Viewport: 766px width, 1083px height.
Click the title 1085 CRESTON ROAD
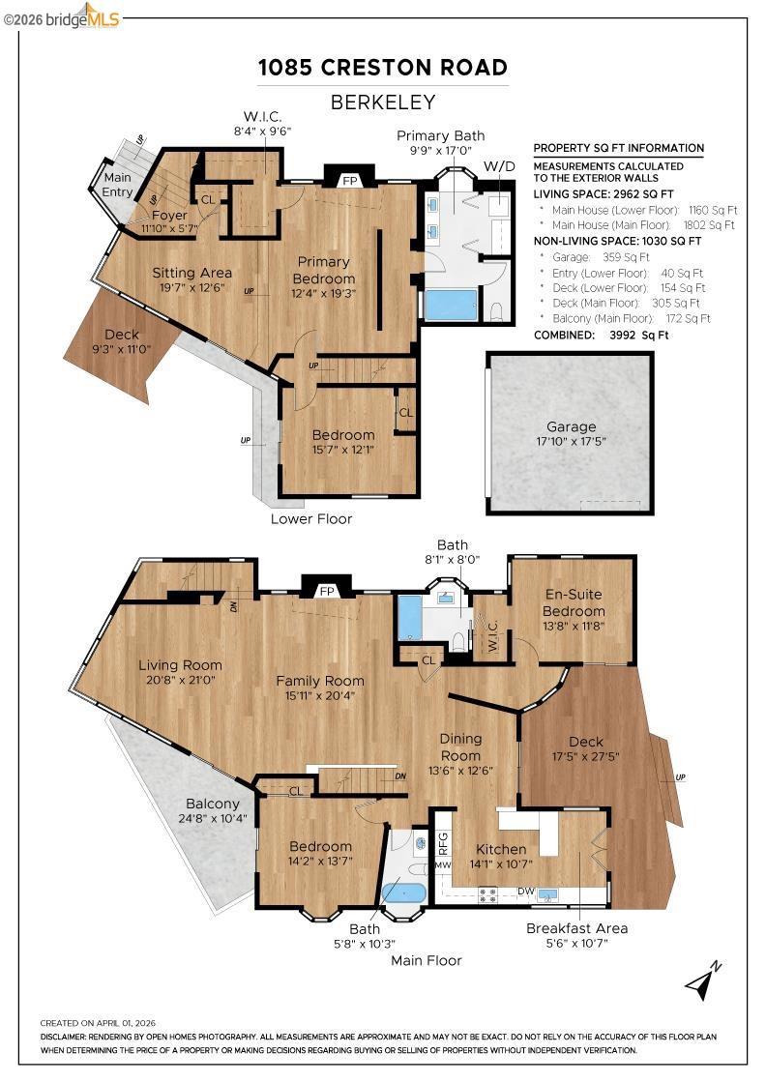383,67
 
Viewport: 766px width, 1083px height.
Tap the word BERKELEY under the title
383,102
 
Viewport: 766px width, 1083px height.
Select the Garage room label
572,426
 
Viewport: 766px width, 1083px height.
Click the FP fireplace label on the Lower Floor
350,181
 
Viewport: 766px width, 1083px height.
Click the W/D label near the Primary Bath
499,166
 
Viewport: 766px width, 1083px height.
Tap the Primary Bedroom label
323,270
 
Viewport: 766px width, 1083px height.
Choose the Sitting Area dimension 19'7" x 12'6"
192,287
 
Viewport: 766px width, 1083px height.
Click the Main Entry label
117,185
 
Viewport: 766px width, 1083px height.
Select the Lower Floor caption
311,518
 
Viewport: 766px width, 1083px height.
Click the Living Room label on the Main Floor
180,665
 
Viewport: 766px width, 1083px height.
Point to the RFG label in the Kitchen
443,842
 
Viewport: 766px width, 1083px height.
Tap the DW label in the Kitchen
526,891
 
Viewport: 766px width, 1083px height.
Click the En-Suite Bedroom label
574,602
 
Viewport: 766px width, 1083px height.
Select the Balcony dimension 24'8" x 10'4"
213,819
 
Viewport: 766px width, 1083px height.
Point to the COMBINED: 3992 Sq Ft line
602,335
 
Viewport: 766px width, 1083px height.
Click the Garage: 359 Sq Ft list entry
601,257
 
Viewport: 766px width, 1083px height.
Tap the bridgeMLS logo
61,17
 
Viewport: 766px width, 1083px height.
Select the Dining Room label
460,746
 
